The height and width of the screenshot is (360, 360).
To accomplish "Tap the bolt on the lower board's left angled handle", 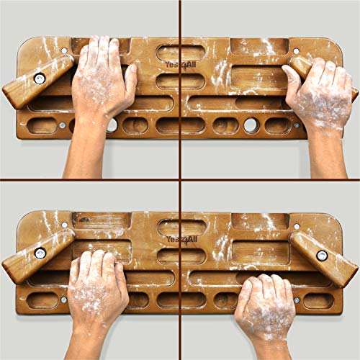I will click(x=40, y=253).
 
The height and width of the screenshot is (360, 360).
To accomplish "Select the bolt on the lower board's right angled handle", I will click(x=322, y=255).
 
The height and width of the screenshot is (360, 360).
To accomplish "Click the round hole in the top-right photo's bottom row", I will click(x=251, y=125).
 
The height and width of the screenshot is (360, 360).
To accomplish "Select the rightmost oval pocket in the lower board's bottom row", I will click(x=318, y=301).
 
